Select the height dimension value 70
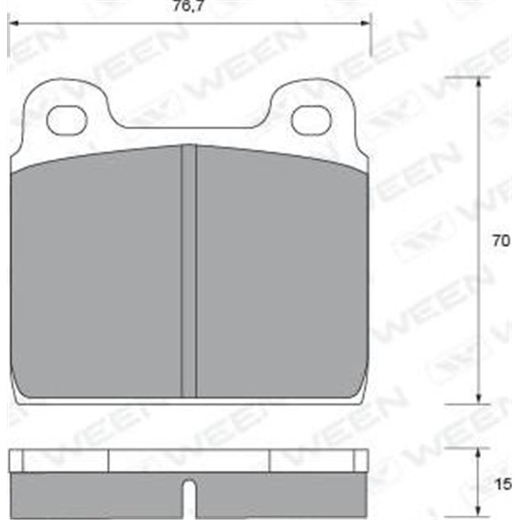point(500,240)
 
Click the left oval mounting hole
point(67,120)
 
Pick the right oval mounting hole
point(311,120)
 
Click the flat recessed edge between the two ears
point(188,127)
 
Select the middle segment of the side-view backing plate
point(188,461)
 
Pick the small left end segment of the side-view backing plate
point(16,461)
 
